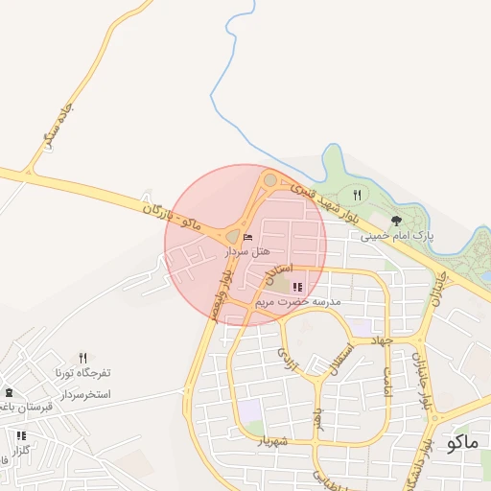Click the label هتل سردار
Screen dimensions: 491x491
click(x=247, y=251)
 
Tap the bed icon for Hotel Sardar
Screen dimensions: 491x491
click(x=248, y=236)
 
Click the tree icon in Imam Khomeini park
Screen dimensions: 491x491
click(x=396, y=221)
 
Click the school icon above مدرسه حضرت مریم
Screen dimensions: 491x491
click(x=297, y=287)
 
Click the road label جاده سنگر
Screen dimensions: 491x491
click(x=58, y=127)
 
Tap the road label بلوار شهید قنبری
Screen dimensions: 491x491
click(x=325, y=202)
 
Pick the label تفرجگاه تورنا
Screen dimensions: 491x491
click(x=82, y=372)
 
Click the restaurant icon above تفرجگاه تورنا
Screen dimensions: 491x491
click(x=82, y=358)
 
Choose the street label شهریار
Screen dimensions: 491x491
click(x=272, y=440)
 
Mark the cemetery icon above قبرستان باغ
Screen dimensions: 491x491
click(x=10, y=392)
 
